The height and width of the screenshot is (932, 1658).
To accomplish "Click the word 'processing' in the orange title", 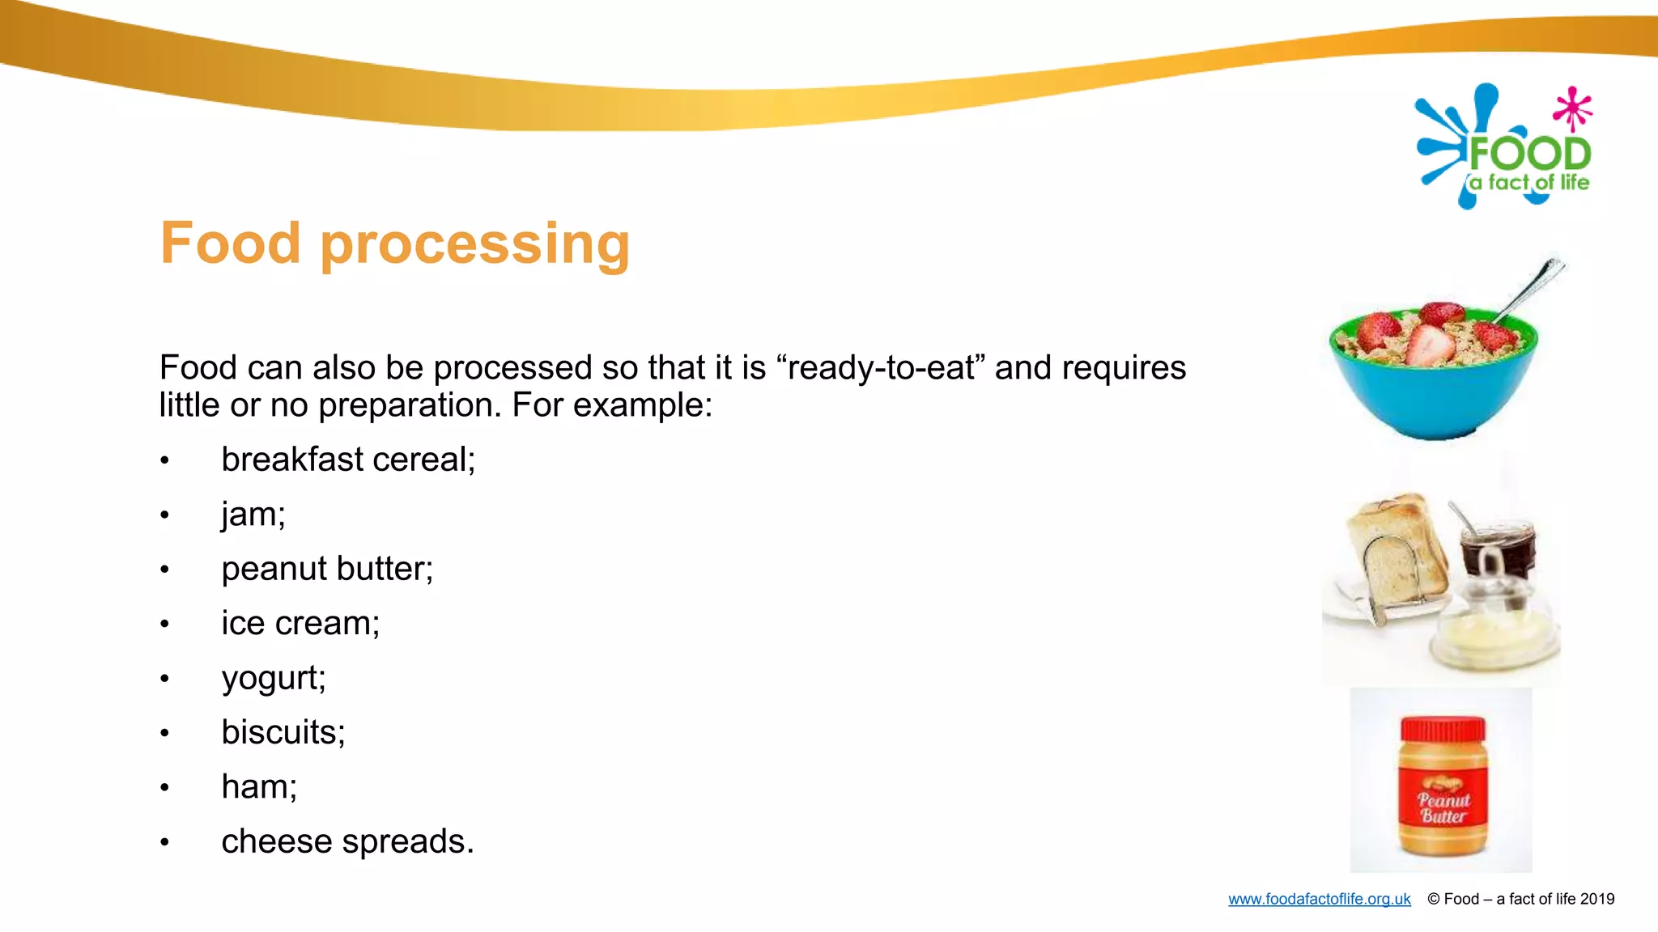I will (x=475, y=244).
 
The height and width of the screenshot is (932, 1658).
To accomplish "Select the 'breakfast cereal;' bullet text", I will (x=348, y=460).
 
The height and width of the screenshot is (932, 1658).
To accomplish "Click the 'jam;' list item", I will (x=253, y=515).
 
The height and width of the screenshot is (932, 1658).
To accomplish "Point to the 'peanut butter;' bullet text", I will (x=327, y=569).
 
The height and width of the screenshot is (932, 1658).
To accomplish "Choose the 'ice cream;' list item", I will (x=300, y=624).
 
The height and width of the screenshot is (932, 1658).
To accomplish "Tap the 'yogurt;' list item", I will (x=274, y=678).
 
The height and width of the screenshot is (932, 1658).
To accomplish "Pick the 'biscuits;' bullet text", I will (x=283, y=732).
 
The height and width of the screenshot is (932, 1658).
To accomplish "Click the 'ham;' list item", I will (x=259, y=787).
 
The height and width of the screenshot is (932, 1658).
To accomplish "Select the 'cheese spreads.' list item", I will (x=347, y=841).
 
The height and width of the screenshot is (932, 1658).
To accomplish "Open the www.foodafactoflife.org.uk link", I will (x=1319, y=899).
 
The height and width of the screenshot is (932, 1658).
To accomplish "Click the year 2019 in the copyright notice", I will (x=1596, y=899).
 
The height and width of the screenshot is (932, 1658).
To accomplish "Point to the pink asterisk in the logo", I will (x=1572, y=108).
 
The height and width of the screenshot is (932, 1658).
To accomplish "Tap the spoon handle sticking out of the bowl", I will (x=1532, y=287).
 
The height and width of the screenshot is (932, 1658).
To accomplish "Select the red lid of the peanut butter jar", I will (x=1442, y=729).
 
